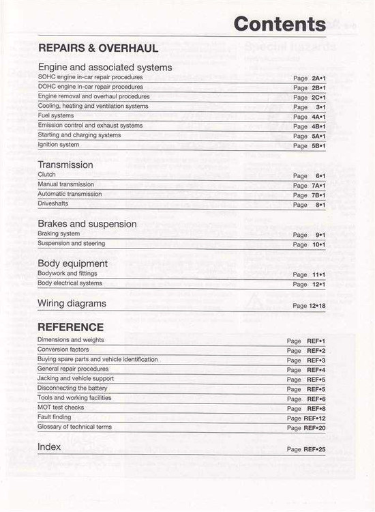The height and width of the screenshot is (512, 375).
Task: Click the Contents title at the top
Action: pyautogui.click(x=279, y=24)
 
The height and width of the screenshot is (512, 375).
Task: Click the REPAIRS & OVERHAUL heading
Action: pyautogui.click(x=98, y=48)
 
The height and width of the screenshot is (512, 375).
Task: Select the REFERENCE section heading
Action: pyautogui.click(x=71, y=327)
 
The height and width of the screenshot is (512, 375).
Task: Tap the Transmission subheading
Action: pyautogui.click(x=65, y=165)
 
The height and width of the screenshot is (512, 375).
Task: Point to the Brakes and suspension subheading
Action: pyautogui.click(x=87, y=224)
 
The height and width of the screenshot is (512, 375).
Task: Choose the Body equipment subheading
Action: pyautogui.click(x=72, y=264)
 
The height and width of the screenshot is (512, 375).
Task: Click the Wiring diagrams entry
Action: pyautogui.click(x=72, y=303)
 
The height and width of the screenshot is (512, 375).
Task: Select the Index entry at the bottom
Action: pyautogui.click(x=49, y=447)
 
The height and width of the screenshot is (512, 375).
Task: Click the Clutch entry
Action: pyautogui.click(x=47, y=175)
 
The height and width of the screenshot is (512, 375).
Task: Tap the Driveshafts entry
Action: pyautogui.click(x=52, y=204)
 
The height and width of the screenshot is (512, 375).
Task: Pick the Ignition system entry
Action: pyautogui.click(x=59, y=145)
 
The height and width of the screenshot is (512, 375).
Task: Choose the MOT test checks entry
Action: pyautogui.click(x=61, y=408)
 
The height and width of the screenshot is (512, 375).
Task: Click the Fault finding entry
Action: pyautogui.click(x=54, y=417)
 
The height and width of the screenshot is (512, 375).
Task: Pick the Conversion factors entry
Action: pyautogui.click(x=63, y=350)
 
